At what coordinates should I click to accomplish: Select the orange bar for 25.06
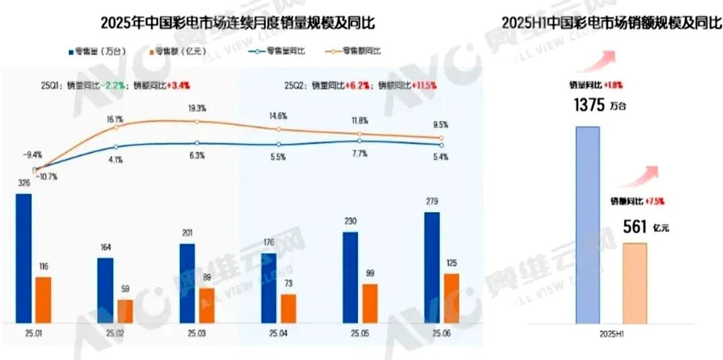[x=452, y=298]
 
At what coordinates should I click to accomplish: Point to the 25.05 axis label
[x=360, y=333]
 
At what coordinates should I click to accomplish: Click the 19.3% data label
[x=196, y=108]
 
